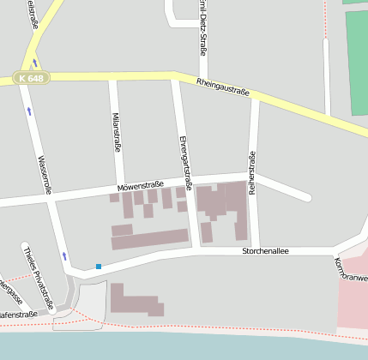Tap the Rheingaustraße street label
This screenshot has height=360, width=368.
222,85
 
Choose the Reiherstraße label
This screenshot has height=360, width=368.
252,174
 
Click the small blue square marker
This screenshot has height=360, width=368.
99,267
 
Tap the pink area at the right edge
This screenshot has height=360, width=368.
353,300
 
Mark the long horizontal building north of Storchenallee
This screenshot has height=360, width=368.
150,239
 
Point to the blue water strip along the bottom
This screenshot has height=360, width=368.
184,346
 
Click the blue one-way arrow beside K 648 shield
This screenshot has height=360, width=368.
35,63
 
